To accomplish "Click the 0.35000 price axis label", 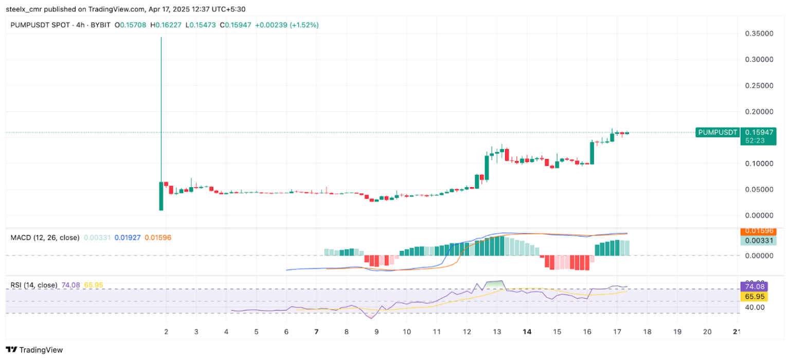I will point(759,33).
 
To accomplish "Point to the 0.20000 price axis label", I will point(759,112).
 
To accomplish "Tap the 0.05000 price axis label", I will point(759,189).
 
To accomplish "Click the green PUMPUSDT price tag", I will point(717,132).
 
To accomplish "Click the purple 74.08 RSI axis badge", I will point(753,286).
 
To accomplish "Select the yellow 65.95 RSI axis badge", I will point(753,297).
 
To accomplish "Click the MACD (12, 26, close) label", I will point(45,238).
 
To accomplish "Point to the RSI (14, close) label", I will point(34,285).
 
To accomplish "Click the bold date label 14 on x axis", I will point(526,332).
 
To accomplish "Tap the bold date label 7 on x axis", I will point(316,332).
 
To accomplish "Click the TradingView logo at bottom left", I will point(34,350).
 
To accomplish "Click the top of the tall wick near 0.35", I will point(161,38).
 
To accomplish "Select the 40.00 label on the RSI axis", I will point(753,307).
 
